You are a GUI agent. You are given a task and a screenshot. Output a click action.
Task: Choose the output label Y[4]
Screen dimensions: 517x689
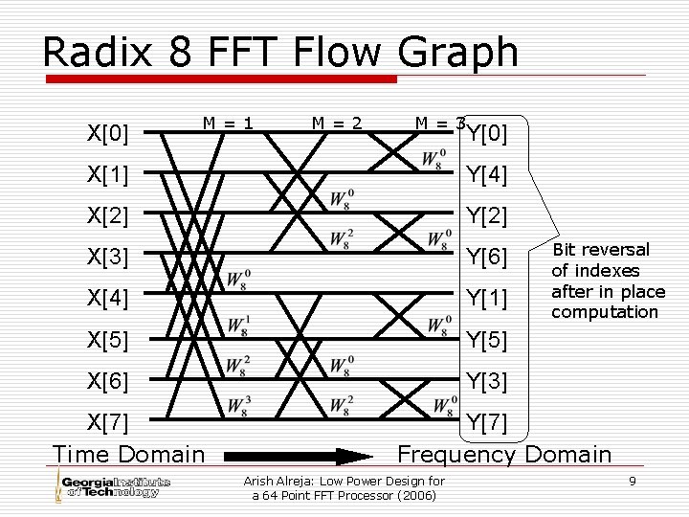pyautogui.click(x=486, y=175)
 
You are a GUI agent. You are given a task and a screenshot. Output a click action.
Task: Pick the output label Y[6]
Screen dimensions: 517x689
pyautogui.click(x=486, y=257)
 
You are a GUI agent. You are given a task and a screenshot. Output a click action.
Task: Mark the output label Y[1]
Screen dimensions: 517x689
pyautogui.click(x=486, y=298)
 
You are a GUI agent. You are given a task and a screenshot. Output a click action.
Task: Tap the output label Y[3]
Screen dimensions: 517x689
pyautogui.click(x=486, y=380)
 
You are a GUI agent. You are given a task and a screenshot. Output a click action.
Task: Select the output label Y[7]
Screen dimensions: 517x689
pyautogui.click(x=486, y=421)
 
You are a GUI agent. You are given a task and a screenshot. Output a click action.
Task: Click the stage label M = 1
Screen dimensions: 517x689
pyautogui.click(x=227, y=123)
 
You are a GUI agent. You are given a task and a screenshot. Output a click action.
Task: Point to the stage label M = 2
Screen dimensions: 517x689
pyautogui.click(x=337, y=123)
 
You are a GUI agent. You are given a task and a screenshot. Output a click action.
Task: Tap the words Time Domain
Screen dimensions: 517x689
pyautogui.click(x=128, y=454)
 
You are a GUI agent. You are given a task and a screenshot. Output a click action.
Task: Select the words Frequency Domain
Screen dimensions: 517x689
pyautogui.click(x=504, y=454)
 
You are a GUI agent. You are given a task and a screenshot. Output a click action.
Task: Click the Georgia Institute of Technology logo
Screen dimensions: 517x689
pyautogui.click(x=113, y=485)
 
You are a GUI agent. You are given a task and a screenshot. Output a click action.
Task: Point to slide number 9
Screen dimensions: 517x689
pyautogui.click(x=633, y=480)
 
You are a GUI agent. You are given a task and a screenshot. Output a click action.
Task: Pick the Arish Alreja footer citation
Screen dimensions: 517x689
pyautogui.click(x=344, y=487)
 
